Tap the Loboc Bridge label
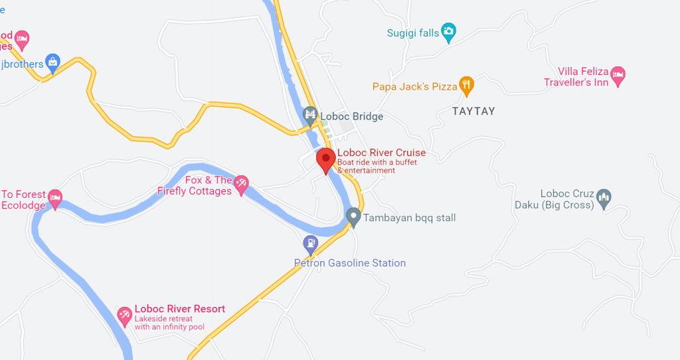(351, 117)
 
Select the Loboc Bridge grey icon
(310, 116)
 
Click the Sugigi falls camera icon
(449, 31)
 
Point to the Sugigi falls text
(413, 33)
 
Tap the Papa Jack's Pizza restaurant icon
(467, 85)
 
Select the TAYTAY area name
(473, 112)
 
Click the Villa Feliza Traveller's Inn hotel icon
(618, 74)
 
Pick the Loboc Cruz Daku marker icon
(604, 197)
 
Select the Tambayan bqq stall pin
(353, 217)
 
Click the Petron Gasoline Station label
(350, 263)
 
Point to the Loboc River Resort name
(180, 309)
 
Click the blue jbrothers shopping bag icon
(53, 62)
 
